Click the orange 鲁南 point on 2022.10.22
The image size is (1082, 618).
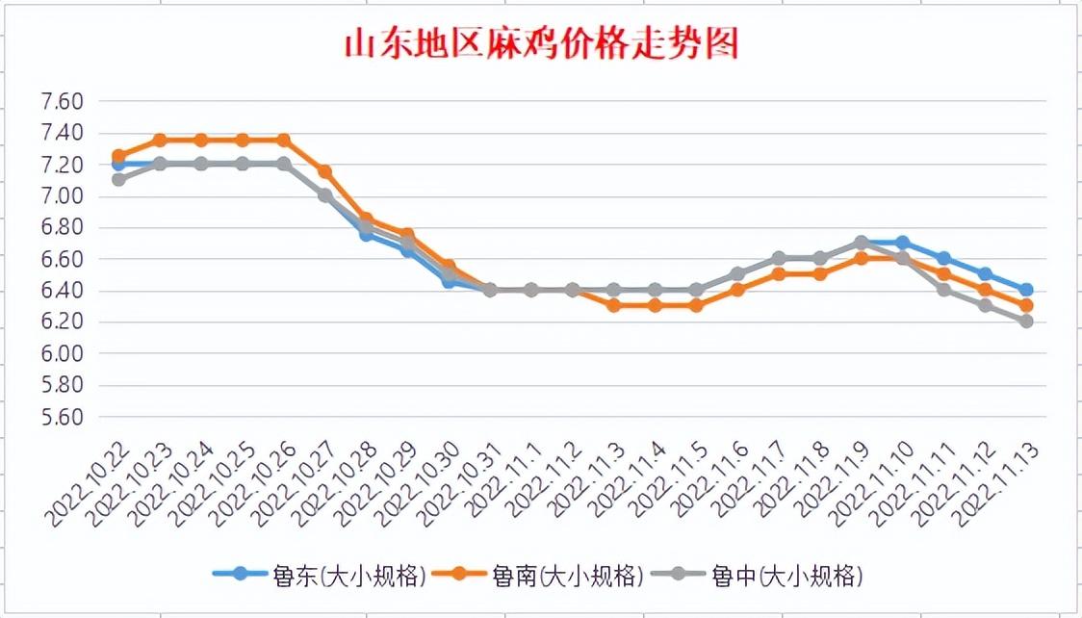coord(118,156)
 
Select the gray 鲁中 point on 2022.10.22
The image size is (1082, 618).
coord(118,180)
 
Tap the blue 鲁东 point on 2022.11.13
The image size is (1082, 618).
coord(1026,290)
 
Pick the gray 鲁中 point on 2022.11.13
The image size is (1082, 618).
coord(1026,322)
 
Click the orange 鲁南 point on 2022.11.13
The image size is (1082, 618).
coord(1026,306)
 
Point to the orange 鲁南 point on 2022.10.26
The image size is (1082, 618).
coord(284,141)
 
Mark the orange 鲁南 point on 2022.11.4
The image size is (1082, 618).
coord(655,305)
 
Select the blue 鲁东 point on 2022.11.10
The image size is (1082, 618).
coord(902,243)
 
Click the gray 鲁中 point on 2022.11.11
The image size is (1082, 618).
coord(943,290)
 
